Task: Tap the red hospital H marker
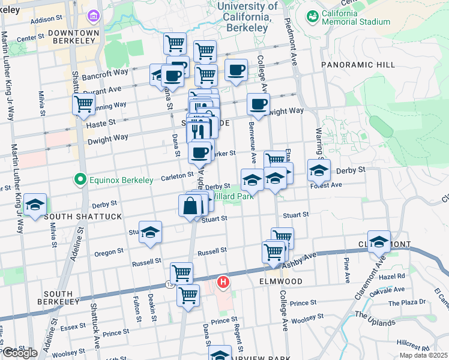pos(223,281)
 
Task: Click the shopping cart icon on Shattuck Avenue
pos(83,104)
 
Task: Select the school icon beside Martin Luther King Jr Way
pos(35,205)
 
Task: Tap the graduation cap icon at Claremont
pos(379,241)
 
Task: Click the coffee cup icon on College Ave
pos(259,104)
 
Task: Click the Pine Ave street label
pos(347,269)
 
